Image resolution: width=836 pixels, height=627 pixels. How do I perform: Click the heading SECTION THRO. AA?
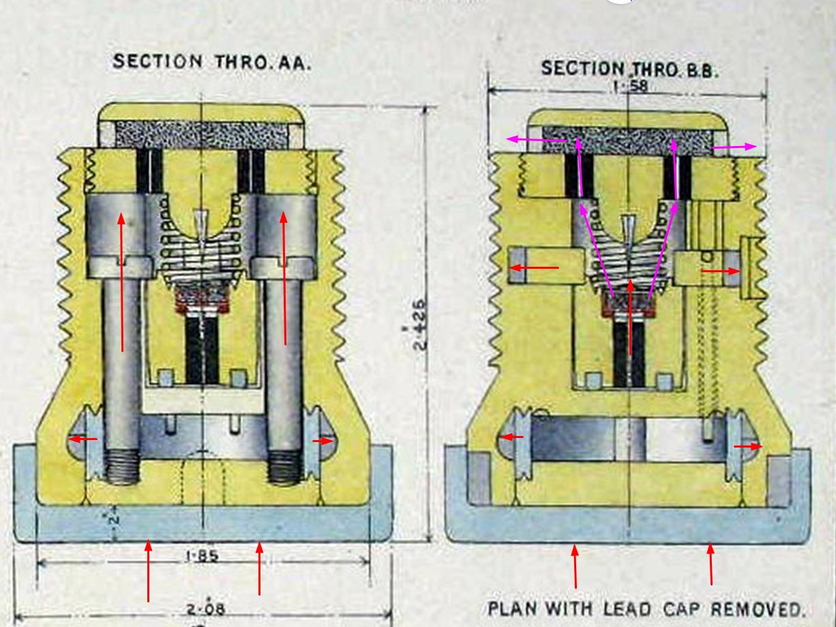point(212,62)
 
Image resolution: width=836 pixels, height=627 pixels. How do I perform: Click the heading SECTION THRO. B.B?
point(629,69)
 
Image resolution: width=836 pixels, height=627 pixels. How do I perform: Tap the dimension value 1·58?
point(629,87)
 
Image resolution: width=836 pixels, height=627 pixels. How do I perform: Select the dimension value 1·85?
point(202,556)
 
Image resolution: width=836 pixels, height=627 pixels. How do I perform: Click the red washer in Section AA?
point(202,299)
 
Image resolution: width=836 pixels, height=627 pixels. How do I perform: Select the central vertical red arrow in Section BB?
point(630,317)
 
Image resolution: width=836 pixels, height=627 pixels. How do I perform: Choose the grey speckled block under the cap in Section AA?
point(202,134)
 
